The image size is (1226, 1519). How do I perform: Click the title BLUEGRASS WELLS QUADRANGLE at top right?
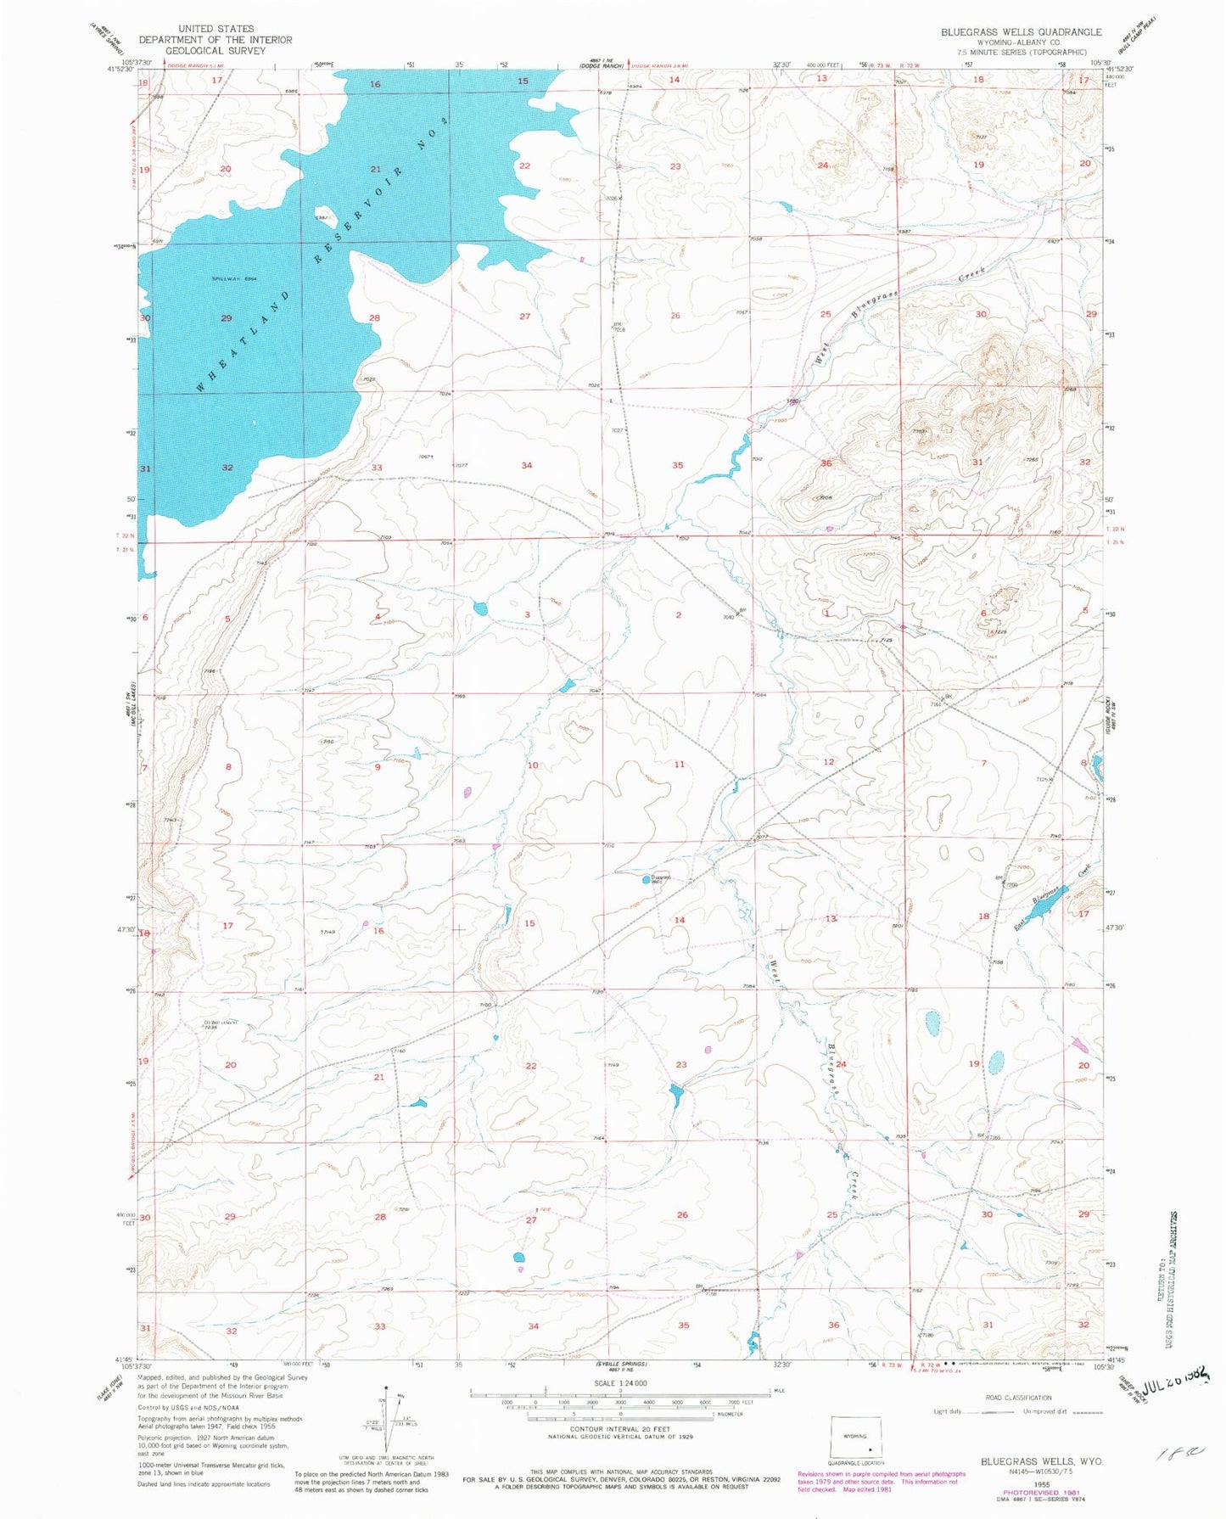click(1021, 31)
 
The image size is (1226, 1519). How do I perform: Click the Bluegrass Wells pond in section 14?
click(647, 881)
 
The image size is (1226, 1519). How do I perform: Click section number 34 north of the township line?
click(527, 465)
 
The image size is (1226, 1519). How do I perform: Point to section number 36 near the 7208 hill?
click(826, 463)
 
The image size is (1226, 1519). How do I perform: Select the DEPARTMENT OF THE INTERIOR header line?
click(216, 40)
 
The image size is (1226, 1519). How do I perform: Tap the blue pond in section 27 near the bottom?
click(519, 1258)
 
